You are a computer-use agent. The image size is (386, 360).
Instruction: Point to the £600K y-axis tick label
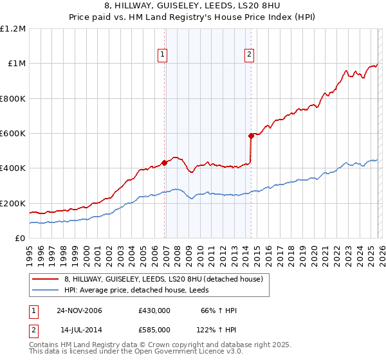pos(13,134)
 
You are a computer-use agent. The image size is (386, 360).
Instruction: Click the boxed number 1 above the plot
pos(164,55)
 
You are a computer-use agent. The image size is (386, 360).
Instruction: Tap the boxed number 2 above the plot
pos(249,55)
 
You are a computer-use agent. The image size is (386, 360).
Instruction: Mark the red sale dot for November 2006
pos(165,163)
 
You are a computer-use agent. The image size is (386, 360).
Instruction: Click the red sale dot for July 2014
pos(251,136)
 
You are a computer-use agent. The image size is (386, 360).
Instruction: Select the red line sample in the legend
pos(46,279)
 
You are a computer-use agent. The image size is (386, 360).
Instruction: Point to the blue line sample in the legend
pos(46,290)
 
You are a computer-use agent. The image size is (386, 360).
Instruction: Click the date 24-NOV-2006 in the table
pos(78,310)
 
